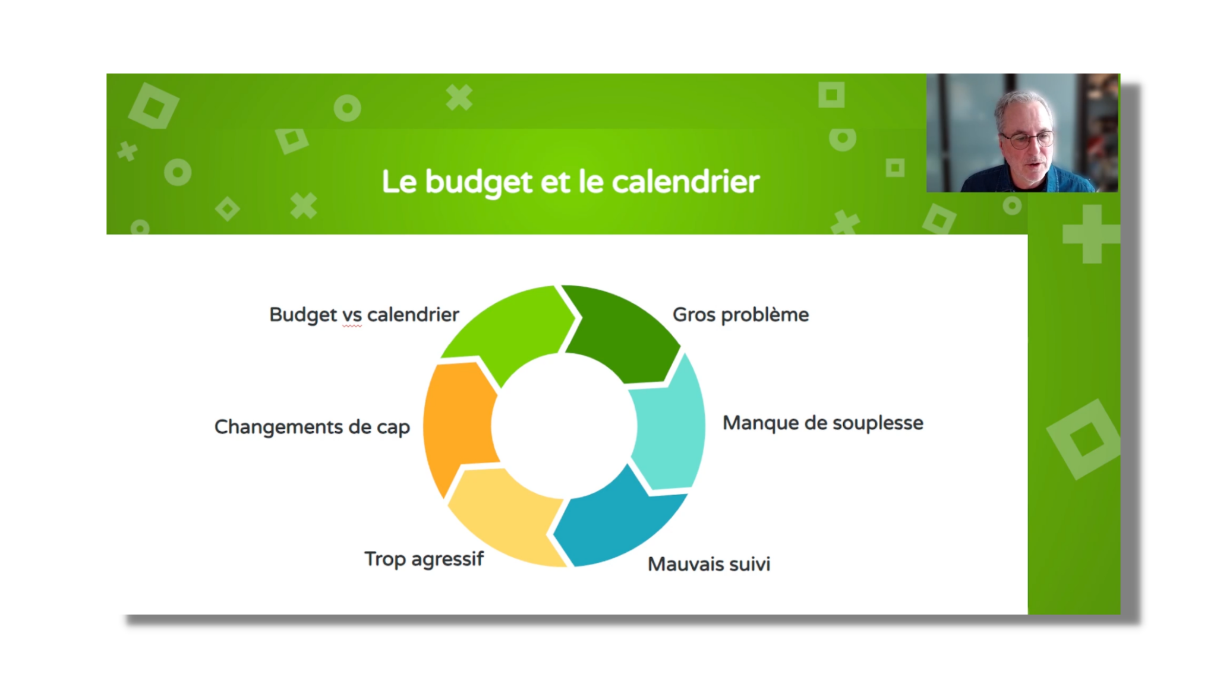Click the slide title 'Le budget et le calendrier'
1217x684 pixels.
(570, 182)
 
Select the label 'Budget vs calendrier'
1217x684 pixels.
(364, 315)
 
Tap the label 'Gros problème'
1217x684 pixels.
(740, 315)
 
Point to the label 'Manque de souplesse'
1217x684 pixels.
(823, 423)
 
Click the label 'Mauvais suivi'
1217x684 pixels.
(709, 564)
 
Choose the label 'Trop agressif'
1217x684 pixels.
(424, 559)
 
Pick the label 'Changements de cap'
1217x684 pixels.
(312, 427)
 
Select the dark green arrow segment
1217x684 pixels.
(624, 332)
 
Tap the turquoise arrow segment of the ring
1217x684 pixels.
(669, 425)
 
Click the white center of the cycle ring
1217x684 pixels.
(564, 426)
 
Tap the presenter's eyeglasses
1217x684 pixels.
(1026, 140)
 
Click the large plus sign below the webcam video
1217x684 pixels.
(1092, 234)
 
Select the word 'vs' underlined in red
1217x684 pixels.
(352, 315)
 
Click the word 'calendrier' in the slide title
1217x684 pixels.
(686, 181)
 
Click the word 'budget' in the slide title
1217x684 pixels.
(478, 182)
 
